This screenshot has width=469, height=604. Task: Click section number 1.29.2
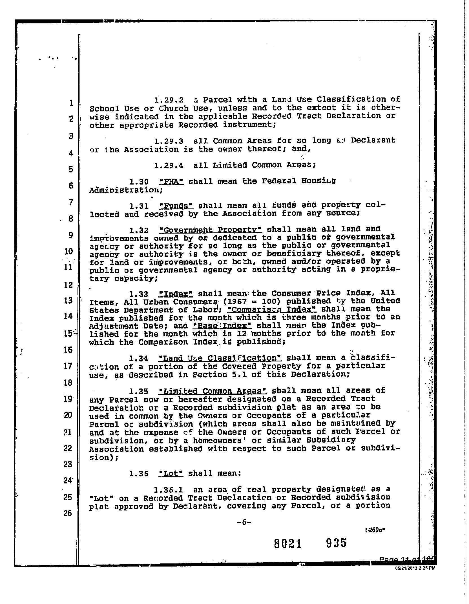[169, 100]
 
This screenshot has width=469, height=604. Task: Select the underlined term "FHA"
[171, 181]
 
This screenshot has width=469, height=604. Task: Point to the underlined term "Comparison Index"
[272, 310]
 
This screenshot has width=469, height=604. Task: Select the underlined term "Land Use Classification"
[220, 358]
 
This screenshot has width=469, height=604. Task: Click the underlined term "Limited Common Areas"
[213, 391]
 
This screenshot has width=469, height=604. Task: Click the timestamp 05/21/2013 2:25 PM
[415, 568]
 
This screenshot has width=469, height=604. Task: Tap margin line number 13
[68, 301]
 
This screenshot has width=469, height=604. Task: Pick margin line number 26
[68, 513]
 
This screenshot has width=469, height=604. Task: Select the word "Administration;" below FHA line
[126, 190]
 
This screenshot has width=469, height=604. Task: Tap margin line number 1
[71, 103]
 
